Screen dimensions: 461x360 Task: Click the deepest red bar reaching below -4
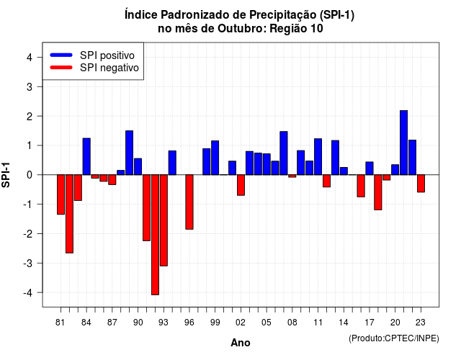coord(156,235)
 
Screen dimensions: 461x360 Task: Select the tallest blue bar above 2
coord(403,143)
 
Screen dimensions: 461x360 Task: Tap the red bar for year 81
coord(61,194)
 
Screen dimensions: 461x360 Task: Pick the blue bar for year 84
coord(86,156)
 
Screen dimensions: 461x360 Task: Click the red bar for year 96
coord(189,202)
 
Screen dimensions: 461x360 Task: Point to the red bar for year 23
coord(421,184)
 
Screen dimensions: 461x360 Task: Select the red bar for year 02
coord(241,185)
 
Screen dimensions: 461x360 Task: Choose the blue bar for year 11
coord(318,157)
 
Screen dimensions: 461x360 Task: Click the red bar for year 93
coord(164,220)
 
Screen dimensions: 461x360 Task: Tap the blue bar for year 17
coord(370,168)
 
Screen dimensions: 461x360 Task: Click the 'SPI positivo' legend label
coord(107,55)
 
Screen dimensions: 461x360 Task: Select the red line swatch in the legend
coord(61,68)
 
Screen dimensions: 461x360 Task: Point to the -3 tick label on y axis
coord(28,263)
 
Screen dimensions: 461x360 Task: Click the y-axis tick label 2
coord(30,117)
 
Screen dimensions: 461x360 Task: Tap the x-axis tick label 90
coord(138,323)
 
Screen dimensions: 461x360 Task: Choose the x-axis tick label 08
coord(292,323)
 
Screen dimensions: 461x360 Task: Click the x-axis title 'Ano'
coord(241,343)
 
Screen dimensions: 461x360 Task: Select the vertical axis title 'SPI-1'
coord(6,175)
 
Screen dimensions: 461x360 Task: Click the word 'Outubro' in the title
coord(242,29)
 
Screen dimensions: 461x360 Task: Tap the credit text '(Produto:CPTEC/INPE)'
coord(394,338)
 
